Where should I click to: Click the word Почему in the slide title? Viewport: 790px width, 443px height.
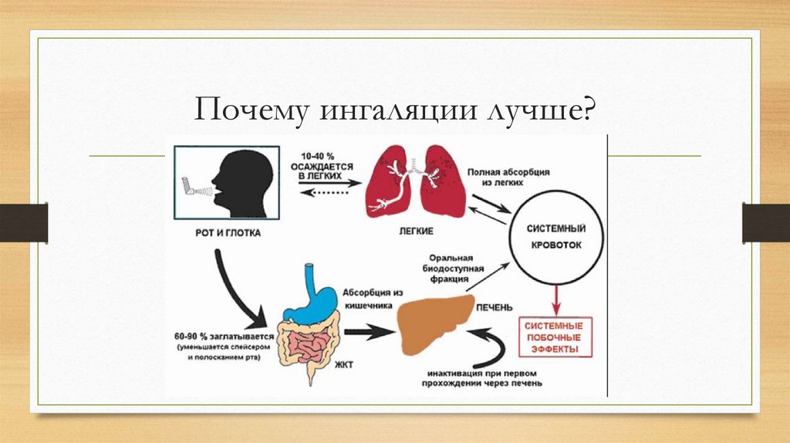click(246, 109)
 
